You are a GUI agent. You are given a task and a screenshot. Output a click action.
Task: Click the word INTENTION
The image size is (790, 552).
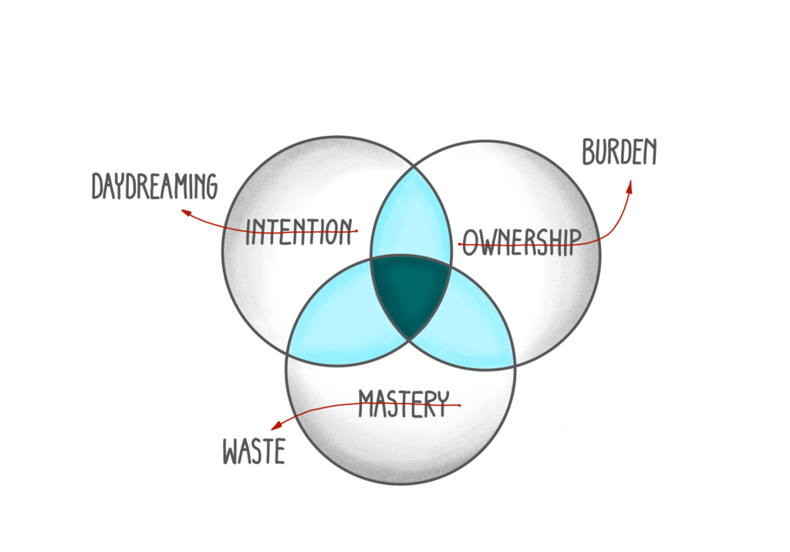[299, 231]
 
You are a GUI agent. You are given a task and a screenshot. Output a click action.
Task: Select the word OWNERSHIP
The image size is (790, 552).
[521, 242]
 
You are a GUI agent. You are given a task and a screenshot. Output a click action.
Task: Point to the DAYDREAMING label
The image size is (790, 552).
[154, 186]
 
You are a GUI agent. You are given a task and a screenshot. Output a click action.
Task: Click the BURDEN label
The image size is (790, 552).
[620, 153]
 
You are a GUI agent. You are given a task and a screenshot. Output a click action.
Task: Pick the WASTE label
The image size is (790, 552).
[254, 452]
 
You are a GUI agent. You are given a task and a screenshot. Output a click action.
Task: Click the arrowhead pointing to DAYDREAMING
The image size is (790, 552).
[185, 211]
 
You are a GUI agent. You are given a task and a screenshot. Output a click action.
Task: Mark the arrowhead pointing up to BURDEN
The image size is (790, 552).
[630, 185]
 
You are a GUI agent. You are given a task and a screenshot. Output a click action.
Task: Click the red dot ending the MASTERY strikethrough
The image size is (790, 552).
[459, 405]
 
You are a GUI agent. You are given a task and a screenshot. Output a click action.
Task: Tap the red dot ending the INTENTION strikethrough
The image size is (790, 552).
[356, 231]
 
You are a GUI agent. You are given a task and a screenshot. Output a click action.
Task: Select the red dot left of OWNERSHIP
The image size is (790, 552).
[461, 245]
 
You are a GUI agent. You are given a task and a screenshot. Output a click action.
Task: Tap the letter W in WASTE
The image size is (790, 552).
[231, 452]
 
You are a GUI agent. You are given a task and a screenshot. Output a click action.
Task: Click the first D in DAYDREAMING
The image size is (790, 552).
[97, 187]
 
